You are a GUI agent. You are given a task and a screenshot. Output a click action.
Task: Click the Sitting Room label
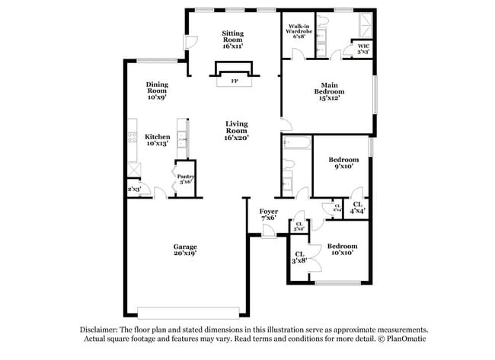click(232, 40)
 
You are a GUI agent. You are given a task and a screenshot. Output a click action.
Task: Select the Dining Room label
click(157, 91)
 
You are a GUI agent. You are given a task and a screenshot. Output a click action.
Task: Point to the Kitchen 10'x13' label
click(157, 140)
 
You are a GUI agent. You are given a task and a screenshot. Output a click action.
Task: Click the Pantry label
click(186, 179)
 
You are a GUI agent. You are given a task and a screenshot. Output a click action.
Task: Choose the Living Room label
click(237, 130)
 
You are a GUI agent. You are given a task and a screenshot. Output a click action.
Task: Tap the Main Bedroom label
click(328, 91)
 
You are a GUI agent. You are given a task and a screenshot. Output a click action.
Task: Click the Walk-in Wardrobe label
click(299, 30)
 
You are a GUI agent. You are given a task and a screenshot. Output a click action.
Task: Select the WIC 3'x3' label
click(364, 49)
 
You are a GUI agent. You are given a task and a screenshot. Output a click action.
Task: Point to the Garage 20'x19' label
click(185, 250)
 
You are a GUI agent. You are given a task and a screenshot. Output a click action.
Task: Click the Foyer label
click(267, 214)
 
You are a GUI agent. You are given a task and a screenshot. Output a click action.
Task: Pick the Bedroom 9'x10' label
click(343, 164)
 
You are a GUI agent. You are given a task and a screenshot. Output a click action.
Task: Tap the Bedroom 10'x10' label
click(342, 250)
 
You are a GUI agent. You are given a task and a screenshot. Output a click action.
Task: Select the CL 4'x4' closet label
click(357, 206)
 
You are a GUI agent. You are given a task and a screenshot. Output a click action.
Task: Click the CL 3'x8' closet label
click(300, 257)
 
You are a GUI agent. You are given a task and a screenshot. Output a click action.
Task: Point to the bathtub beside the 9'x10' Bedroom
click(297, 143)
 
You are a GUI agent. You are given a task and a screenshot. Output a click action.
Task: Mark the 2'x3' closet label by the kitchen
click(134, 189)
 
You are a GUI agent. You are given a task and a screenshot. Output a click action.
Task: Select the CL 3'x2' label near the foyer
click(299, 225)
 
